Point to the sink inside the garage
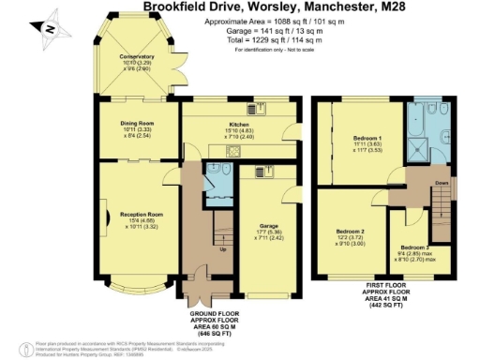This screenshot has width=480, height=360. click(x=257, y=172)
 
